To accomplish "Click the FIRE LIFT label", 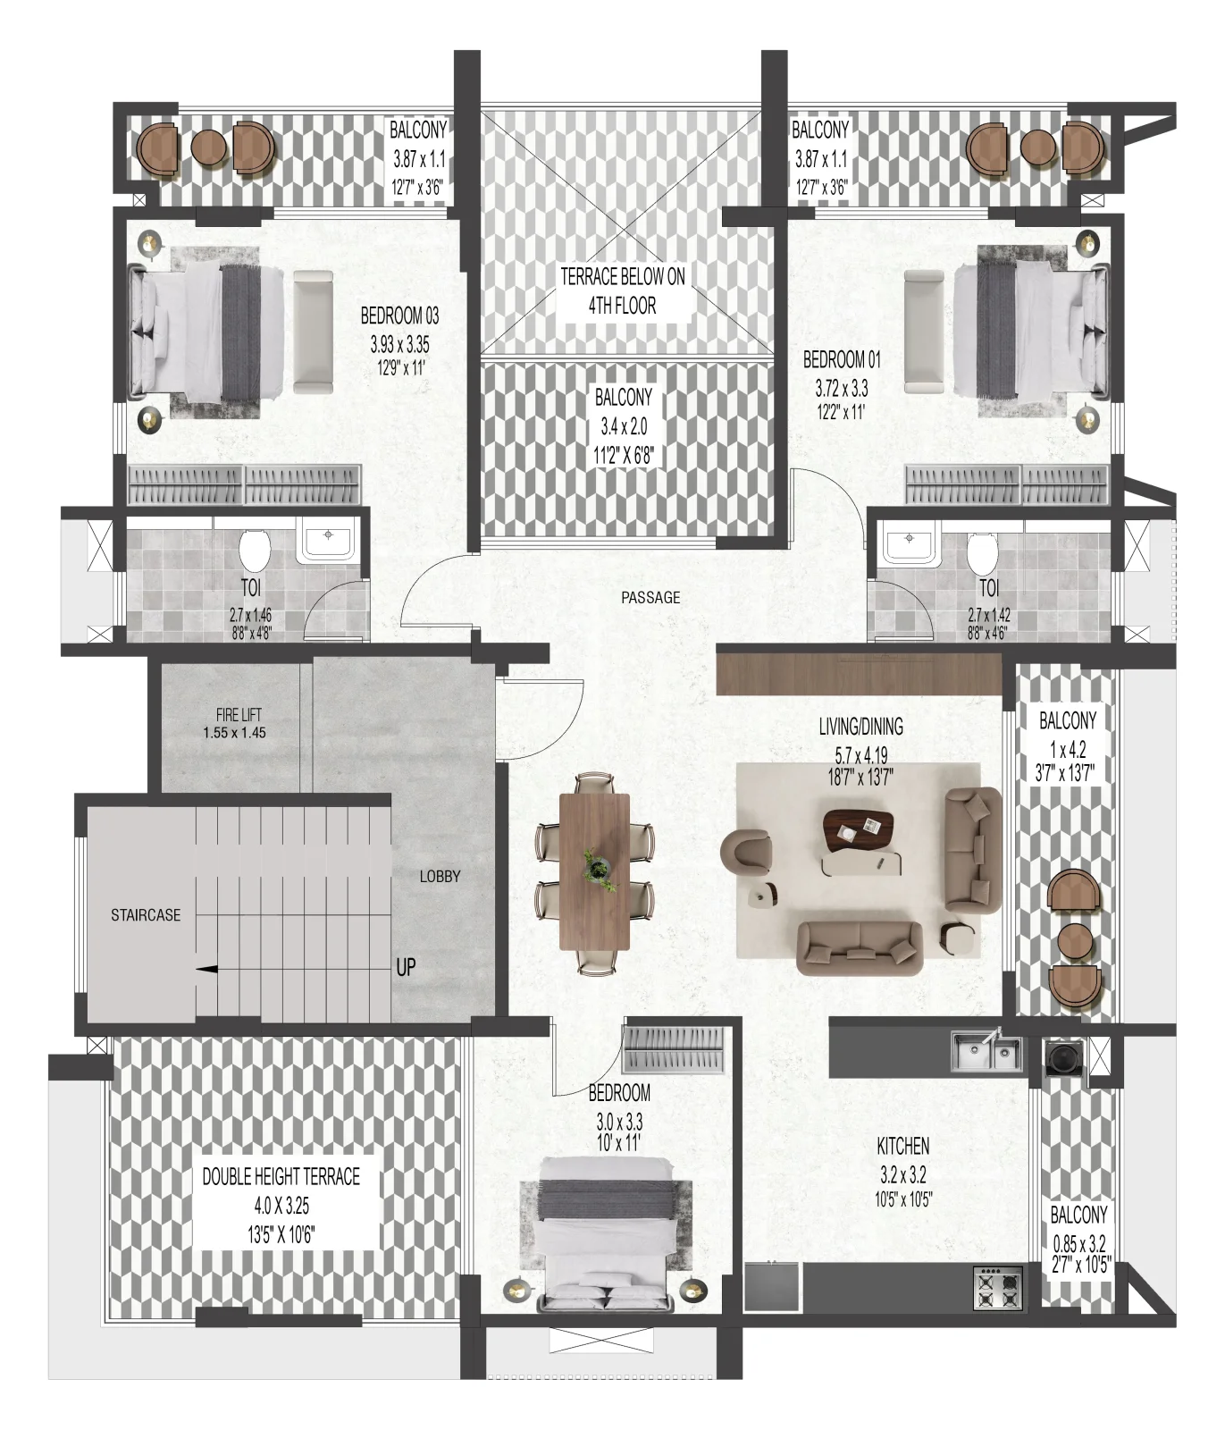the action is pos(239,715).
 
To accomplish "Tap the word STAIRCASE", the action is pos(146,915).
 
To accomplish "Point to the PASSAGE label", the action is pos(650,597).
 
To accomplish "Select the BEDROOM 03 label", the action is pos(399,315).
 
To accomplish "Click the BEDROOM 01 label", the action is pos(842,360).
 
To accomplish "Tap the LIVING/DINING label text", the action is pos(861,727).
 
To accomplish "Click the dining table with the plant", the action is pos(595,872).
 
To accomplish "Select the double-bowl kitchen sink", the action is pos(986,1052).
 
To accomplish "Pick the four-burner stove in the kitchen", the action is pos(998,1287).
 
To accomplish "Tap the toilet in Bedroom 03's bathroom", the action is pos(255,549).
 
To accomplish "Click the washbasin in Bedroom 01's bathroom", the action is pos(909,544).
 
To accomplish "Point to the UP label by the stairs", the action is pos(406,967).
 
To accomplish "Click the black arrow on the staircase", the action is pos(206,968).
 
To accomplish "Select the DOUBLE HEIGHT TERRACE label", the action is pos(281,1176).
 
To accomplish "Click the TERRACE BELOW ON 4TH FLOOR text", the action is pos(623,290).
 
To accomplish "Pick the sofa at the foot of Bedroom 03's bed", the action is pos(313,332).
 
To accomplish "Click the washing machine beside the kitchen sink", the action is pos(1064,1057).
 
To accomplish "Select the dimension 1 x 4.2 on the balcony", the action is pos(1068,749).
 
